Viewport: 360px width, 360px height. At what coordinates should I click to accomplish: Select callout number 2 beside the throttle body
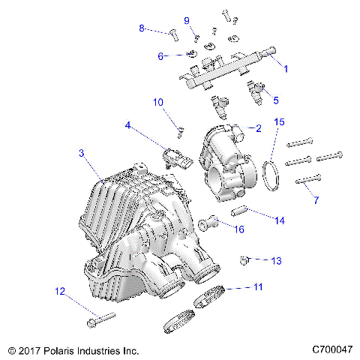(x=258, y=128)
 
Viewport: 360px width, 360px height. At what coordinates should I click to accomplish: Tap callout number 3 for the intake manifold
(x=81, y=154)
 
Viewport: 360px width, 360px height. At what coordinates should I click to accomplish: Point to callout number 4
(x=128, y=127)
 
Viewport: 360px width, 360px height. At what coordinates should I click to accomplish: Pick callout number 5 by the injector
(x=275, y=100)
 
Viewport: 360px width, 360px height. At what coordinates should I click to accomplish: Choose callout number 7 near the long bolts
(x=316, y=200)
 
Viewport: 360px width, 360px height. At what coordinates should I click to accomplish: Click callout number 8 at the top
(x=141, y=28)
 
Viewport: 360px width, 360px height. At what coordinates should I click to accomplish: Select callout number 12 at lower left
(x=59, y=290)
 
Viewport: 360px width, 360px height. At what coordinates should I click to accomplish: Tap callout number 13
(x=276, y=261)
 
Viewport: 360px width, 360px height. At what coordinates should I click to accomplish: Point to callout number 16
(x=240, y=229)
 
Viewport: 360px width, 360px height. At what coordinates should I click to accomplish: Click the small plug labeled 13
(x=243, y=260)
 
